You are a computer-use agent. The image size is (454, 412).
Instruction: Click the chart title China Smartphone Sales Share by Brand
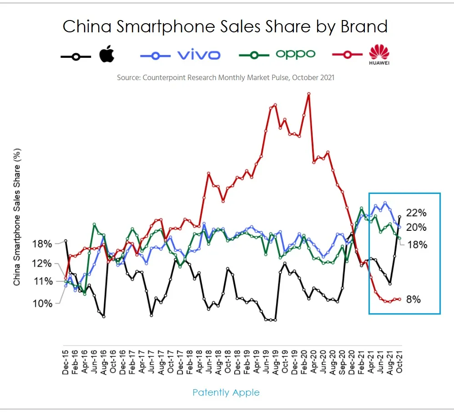[x=225, y=26]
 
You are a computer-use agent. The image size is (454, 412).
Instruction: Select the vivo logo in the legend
[x=198, y=55]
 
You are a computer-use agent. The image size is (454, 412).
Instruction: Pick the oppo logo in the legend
[x=295, y=55]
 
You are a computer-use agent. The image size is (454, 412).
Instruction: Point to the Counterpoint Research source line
[x=225, y=77]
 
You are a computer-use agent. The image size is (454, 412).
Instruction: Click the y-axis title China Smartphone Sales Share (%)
[x=17, y=216]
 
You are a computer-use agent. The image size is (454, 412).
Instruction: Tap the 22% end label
[x=416, y=213]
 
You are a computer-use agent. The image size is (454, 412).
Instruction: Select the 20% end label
[x=416, y=227]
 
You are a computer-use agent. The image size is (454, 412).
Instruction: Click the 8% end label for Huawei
[x=413, y=300]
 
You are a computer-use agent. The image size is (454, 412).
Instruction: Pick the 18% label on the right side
[x=417, y=244]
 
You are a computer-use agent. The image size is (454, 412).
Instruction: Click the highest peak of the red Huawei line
[x=309, y=94]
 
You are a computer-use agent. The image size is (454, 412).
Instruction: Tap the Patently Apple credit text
[x=226, y=392]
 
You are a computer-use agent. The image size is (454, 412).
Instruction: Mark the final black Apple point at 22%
[x=399, y=217]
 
